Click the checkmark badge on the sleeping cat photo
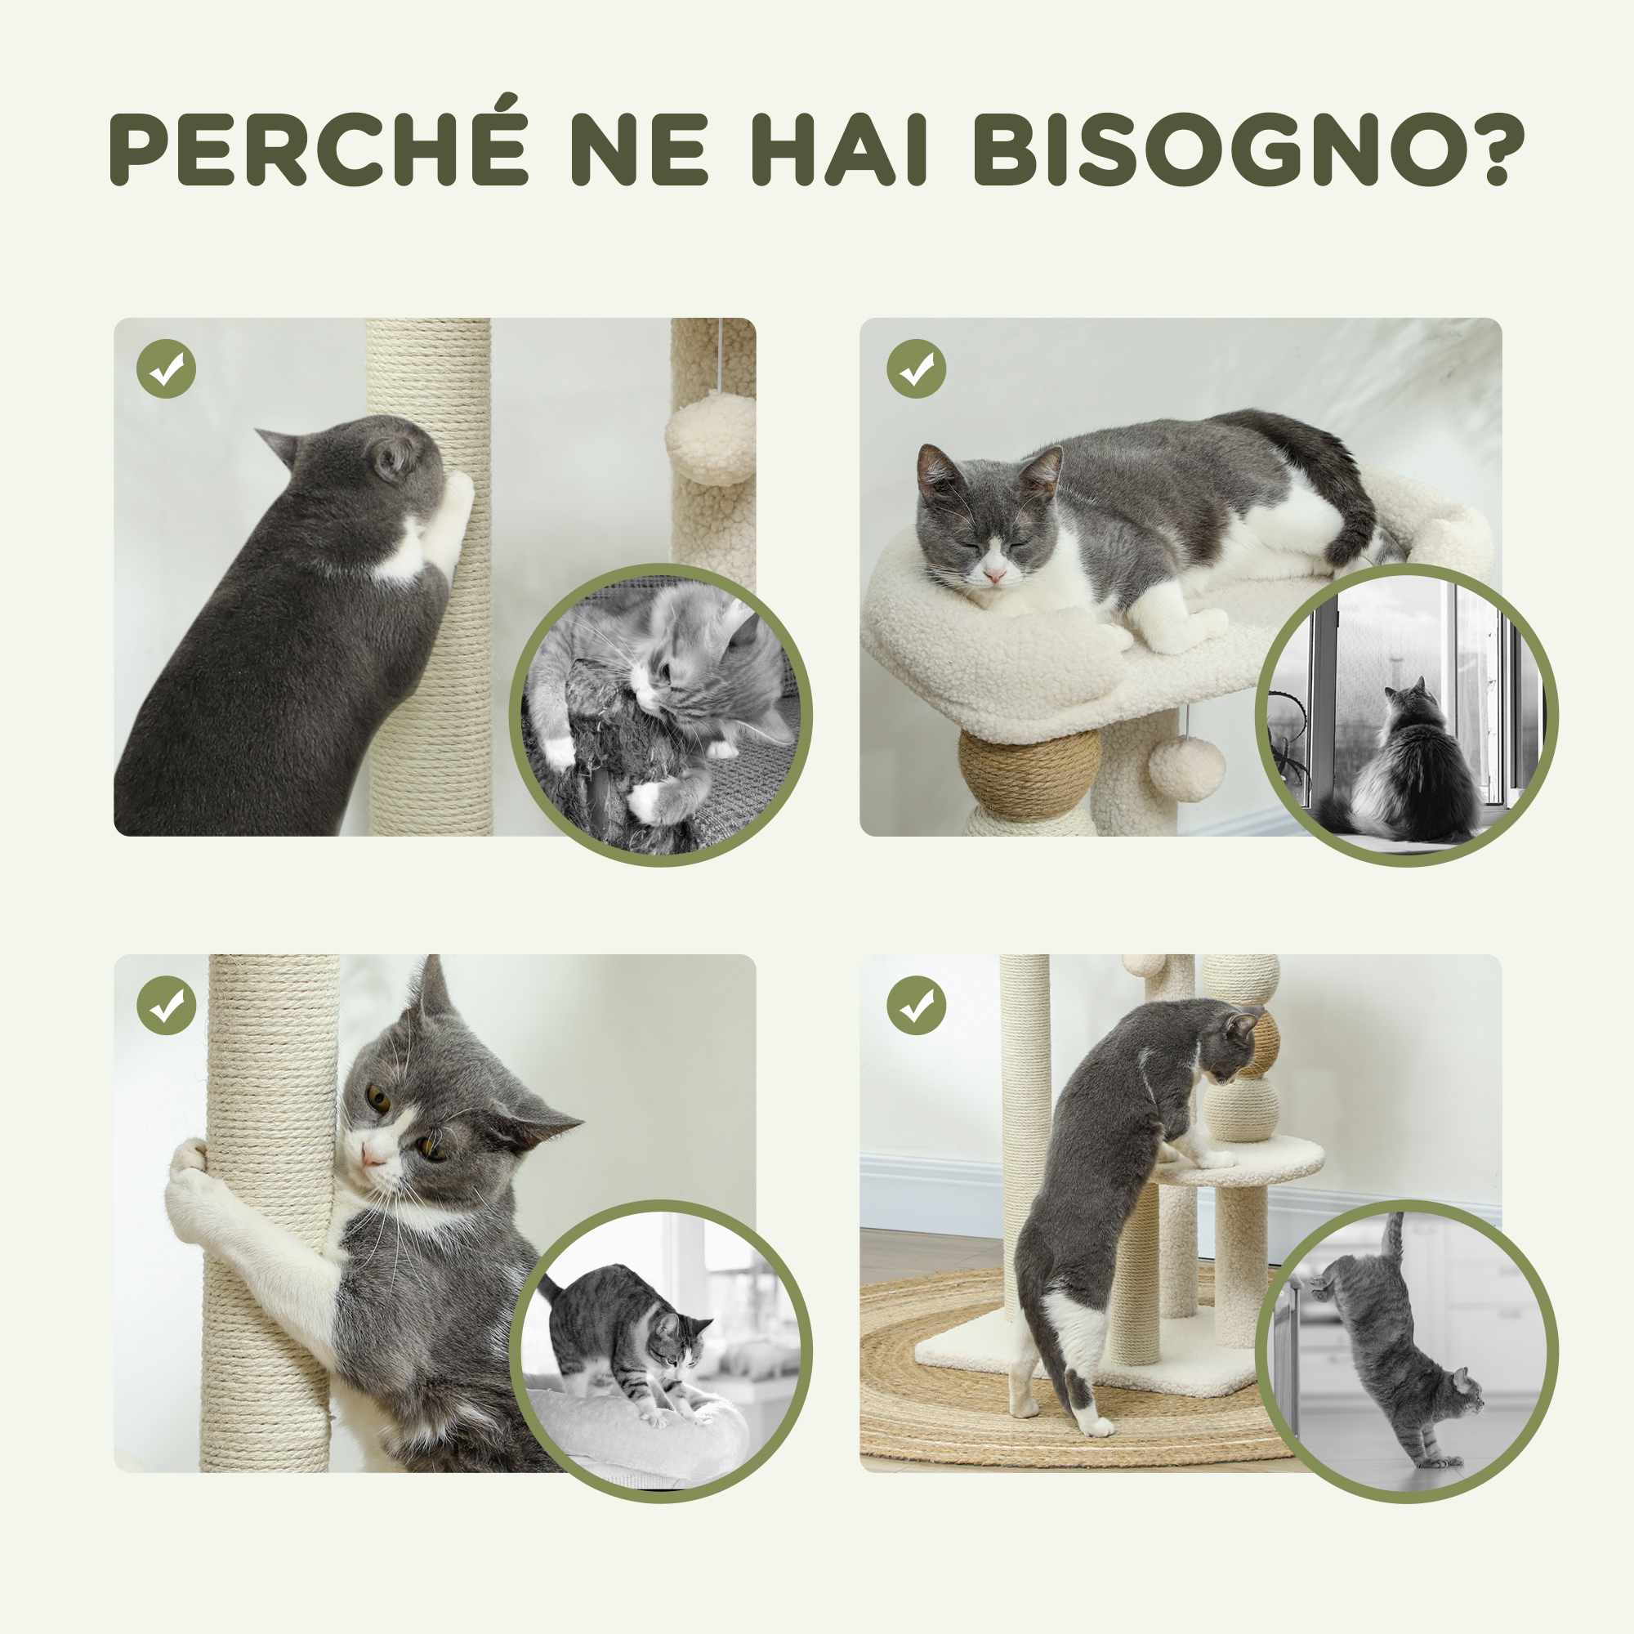point(916,368)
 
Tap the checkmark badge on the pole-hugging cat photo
point(166,1006)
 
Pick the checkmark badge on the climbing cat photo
point(916,1006)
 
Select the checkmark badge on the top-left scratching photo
point(166,368)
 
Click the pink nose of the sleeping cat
point(993,576)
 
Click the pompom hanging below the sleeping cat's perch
point(1186,768)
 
